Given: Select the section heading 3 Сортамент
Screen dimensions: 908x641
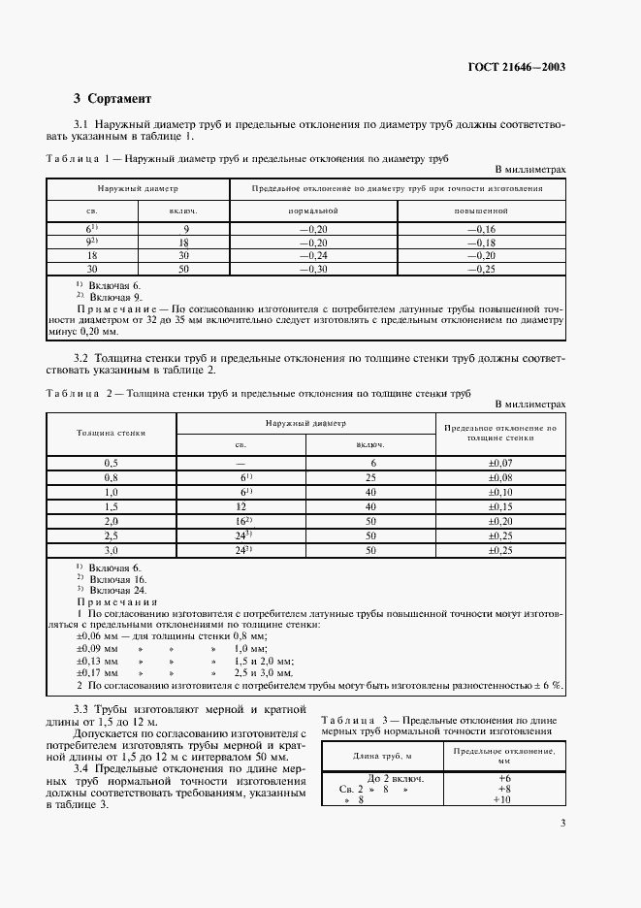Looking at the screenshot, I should [112, 99].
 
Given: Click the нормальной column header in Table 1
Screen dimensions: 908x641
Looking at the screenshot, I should [312, 211].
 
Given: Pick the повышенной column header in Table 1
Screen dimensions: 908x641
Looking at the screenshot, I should [481, 211].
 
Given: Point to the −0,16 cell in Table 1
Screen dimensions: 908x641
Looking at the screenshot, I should [481, 229].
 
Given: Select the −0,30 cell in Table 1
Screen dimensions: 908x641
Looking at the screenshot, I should [312, 268].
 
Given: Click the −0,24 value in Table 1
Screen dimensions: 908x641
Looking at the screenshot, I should [312, 255].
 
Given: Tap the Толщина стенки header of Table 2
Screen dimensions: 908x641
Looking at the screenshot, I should [111, 433].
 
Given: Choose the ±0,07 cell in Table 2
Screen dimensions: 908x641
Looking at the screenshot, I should [501, 465].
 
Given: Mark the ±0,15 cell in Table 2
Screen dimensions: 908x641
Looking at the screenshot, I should [501, 507].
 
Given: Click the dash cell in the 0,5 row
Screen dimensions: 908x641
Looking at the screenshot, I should [240, 465].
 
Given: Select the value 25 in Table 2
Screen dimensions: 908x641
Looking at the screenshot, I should [370, 478].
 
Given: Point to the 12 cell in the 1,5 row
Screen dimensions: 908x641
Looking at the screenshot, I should [240, 507].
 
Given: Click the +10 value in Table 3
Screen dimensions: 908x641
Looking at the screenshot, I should [502, 800].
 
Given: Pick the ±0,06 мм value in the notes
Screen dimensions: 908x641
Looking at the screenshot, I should [97, 635].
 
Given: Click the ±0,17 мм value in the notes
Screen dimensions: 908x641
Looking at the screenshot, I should [97, 671].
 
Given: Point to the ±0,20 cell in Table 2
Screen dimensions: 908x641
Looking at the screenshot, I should [501, 521].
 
